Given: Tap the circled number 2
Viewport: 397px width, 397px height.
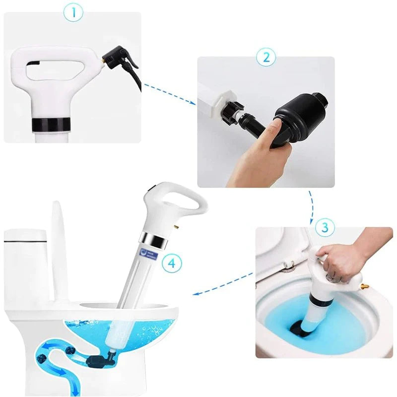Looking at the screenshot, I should point(265,57).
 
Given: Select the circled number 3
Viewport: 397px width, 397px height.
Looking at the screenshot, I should point(325,228).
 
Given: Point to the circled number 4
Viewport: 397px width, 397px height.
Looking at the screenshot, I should point(171,263).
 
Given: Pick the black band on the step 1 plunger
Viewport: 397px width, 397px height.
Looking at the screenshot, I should point(48,124).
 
